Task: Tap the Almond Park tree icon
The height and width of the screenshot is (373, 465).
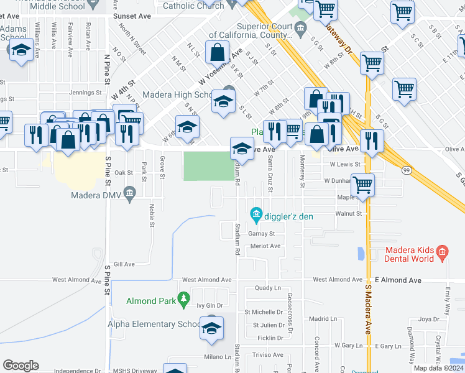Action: coord(183,301)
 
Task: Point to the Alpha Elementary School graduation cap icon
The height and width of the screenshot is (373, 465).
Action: coord(211,328)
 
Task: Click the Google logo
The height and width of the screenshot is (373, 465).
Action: coord(21,366)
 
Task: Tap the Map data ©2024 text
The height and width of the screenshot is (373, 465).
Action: coord(438,368)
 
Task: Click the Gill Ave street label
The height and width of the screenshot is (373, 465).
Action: coord(124,264)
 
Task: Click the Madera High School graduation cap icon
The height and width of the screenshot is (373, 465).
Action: coord(223,101)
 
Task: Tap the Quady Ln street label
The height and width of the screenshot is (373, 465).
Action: coord(268,288)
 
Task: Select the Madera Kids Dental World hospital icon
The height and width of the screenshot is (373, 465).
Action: coord(442,252)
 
